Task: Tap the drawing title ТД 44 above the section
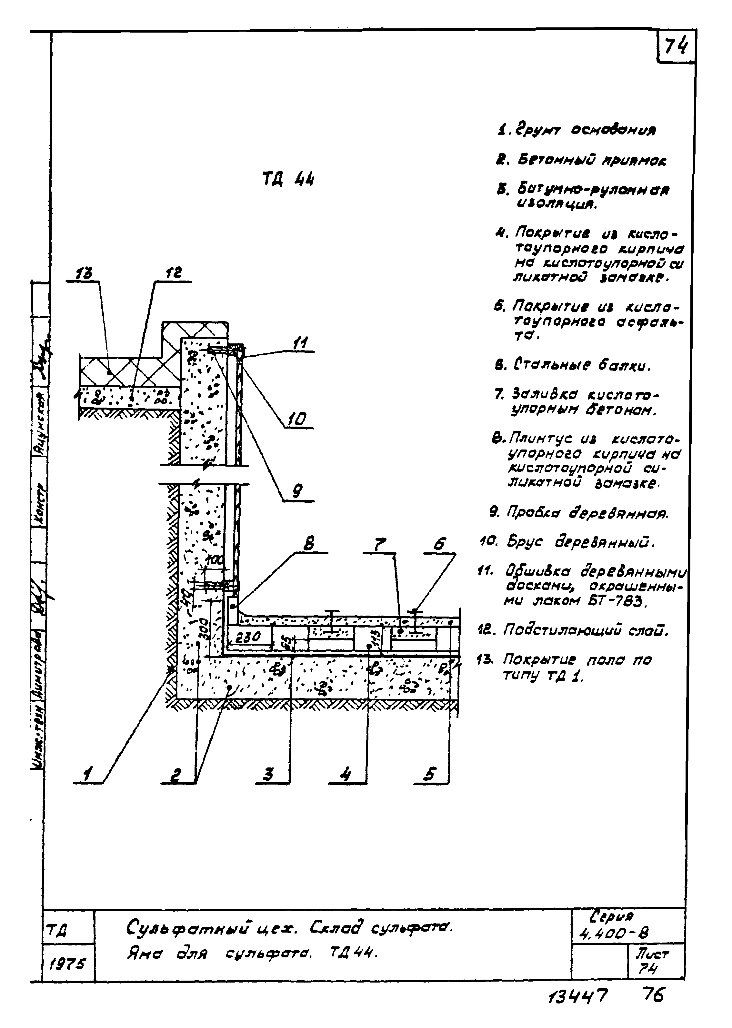[288, 180]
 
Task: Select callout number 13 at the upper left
[84, 273]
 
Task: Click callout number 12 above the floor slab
[174, 273]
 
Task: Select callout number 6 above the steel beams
[439, 545]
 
